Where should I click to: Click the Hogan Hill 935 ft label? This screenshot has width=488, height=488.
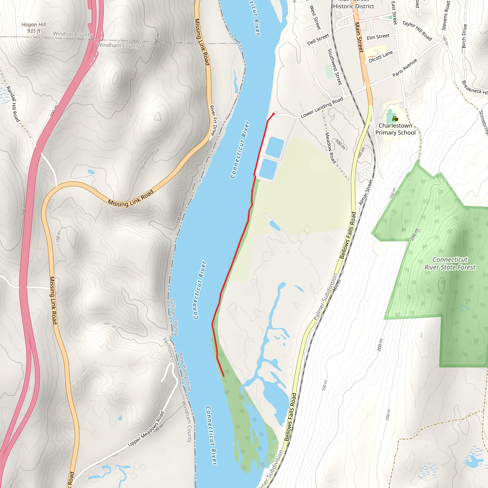pyautogui.click(x=34, y=28)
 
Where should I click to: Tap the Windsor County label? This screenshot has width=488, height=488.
pyautogui.click(x=72, y=34)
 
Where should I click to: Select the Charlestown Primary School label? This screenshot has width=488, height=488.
pyautogui.click(x=395, y=129)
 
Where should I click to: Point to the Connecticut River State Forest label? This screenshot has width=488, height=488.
pyautogui.click(x=450, y=264)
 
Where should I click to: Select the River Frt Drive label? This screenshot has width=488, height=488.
pyautogui.click(x=213, y=120)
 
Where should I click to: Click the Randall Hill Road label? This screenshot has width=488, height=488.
pyautogui.click(x=13, y=104)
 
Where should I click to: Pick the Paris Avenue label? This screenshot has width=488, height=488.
pyautogui.click(x=405, y=68)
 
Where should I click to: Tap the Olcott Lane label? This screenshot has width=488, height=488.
pyautogui.click(x=381, y=56)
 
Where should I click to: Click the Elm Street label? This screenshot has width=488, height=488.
pyautogui.click(x=378, y=37)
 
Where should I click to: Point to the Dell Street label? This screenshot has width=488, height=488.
pyautogui.click(x=318, y=39)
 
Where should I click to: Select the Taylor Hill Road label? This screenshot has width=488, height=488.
pyautogui.click(x=417, y=30)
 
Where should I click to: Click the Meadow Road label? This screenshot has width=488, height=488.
pyautogui.click(x=331, y=148)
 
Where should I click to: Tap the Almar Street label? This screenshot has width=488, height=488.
pyautogui.click(x=366, y=192)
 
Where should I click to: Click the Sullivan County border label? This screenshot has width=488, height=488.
pyautogui.click(x=174, y=317)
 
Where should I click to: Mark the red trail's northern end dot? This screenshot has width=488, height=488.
pyautogui.click(x=273, y=114)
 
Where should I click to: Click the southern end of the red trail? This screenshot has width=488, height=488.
pyautogui.click(x=224, y=376)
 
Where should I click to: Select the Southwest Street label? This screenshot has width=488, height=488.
pyautogui.click(x=335, y=67)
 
